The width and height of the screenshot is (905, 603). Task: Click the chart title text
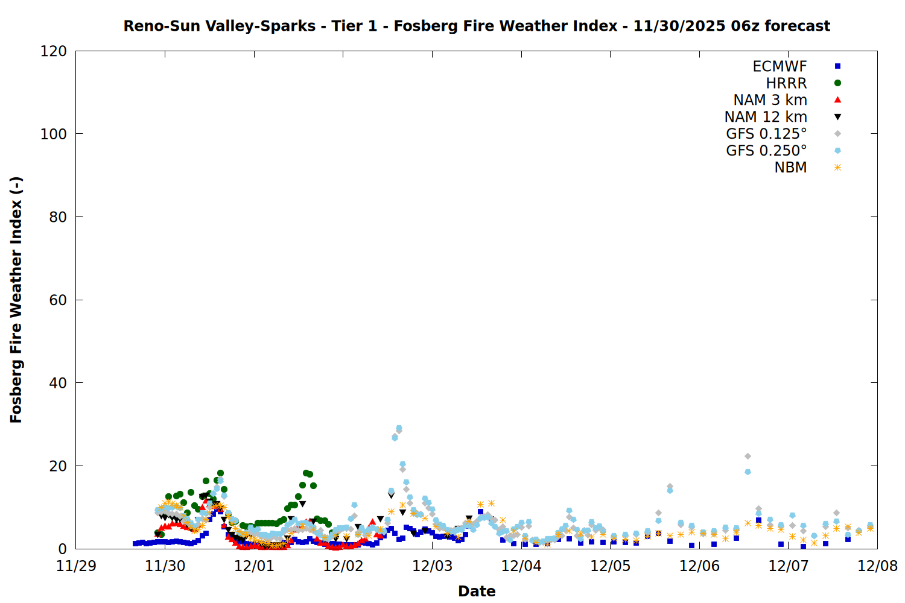coord(477,26)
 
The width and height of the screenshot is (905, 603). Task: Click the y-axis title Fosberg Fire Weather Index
coord(16,300)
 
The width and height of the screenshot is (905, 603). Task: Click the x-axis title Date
coord(477,591)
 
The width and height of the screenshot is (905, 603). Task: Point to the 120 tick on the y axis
coord(54,51)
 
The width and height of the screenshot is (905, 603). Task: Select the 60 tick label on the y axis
coord(58,300)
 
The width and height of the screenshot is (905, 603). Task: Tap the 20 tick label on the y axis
coord(58,466)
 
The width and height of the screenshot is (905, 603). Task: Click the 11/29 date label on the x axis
coord(76,566)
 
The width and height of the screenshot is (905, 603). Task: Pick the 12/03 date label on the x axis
coord(432,566)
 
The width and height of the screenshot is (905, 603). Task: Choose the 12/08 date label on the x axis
coord(877,566)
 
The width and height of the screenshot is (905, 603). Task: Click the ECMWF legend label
coord(780,66)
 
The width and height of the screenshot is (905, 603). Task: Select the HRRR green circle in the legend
coord(837,83)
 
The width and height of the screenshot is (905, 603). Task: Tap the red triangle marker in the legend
coord(837,100)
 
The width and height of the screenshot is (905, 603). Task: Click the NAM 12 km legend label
coord(766,117)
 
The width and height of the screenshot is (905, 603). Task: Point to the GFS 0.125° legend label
coord(766,134)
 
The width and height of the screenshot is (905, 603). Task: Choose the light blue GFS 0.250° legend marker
coord(837,151)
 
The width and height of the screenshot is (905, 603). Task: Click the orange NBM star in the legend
coord(837,168)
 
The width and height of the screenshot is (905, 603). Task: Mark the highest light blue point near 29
coord(399,428)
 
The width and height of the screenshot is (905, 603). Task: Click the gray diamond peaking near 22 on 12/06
coord(748,456)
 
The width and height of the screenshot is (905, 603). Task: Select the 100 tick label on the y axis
coord(54,134)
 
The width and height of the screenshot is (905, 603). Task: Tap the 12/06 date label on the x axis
coord(699,566)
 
